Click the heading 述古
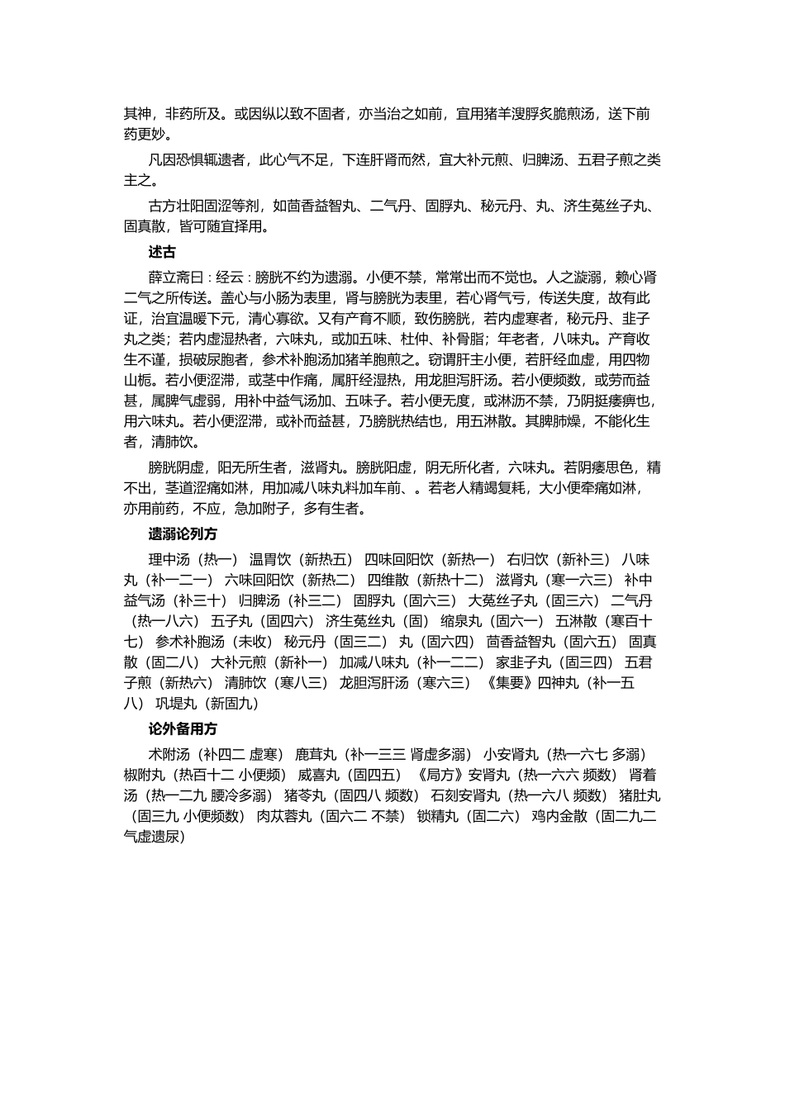pyautogui.click(x=161, y=253)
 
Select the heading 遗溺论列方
pyautogui.click(x=183, y=534)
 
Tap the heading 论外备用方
pyautogui.click(x=183, y=729)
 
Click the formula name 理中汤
pyautogui.click(x=168, y=559)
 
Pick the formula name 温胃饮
pyautogui.click(x=269, y=559)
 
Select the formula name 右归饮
pyautogui.click(x=526, y=559)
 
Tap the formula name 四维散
pyautogui.click(x=387, y=580)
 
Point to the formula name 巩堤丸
pyautogui.click(x=174, y=704)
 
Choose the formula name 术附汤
pyautogui.click(x=168, y=754)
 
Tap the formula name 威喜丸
pyautogui.click(x=317, y=775)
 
